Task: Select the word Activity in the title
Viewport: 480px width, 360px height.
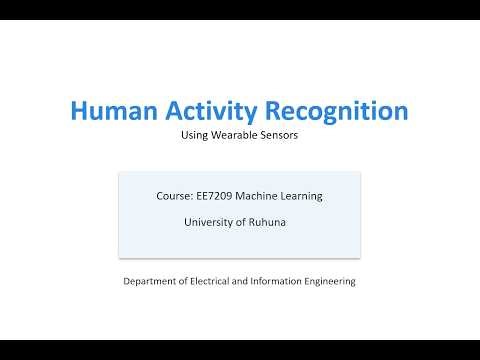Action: [206, 111]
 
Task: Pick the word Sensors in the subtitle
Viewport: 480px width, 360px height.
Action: [280, 136]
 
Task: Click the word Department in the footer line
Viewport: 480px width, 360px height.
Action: [151, 282]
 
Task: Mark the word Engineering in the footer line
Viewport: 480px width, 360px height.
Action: [335, 282]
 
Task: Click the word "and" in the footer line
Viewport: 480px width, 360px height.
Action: [251, 282]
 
